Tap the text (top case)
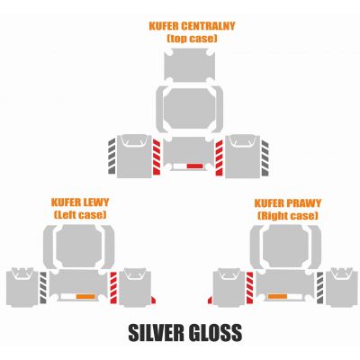click(x=192, y=39)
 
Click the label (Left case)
click(x=80, y=215)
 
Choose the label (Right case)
click(x=288, y=216)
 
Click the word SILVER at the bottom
click(x=154, y=332)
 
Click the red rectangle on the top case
click(x=195, y=166)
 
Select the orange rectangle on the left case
click(x=85, y=297)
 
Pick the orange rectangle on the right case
click(x=277, y=297)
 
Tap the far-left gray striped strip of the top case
click(x=112, y=156)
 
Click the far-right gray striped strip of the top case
click(x=265, y=157)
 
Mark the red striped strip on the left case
click(x=113, y=287)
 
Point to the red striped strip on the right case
click(x=249, y=287)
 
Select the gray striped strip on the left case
click(x=43, y=287)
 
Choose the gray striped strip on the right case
click(x=319, y=287)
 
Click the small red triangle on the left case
click(x=153, y=301)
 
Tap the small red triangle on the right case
click(x=210, y=301)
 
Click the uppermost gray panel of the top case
click(x=190, y=65)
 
